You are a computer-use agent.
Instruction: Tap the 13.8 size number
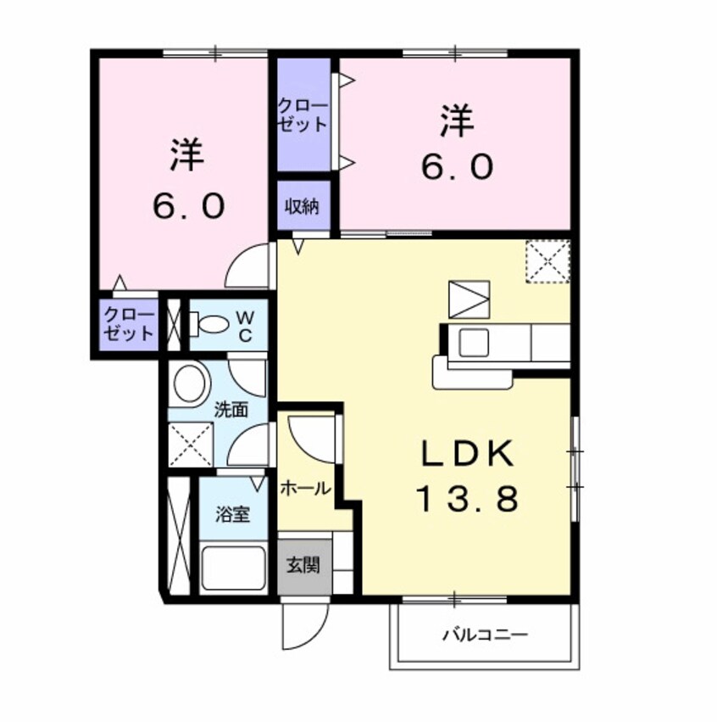pyautogui.click(x=466, y=501)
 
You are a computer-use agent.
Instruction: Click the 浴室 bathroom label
pyautogui.click(x=231, y=514)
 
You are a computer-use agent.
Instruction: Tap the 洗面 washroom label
pyautogui.click(x=231, y=410)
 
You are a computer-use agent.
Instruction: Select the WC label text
pyautogui.click(x=245, y=325)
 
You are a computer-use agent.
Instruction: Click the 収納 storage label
pyautogui.click(x=300, y=205)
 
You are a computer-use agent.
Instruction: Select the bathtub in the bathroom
pyautogui.click(x=233, y=568)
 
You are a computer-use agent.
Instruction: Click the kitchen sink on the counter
pyautogui.click(x=471, y=344)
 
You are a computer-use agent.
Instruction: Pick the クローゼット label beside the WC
pyautogui.click(x=130, y=323)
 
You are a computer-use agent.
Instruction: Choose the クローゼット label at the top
pyautogui.click(x=303, y=115)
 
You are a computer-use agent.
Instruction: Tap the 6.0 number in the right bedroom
pyautogui.click(x=456, y=167)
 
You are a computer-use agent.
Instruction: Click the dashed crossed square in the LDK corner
pyautogui.click(x=547, y=260)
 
